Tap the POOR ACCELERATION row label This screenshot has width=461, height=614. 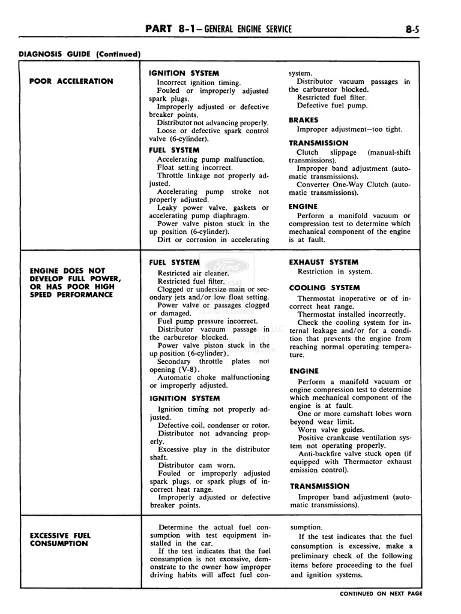[x=71, y=81]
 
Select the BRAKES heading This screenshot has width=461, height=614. [x=303, y=120]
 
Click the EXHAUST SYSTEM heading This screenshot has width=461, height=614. [x=324, y=262]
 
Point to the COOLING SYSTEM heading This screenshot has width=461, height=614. [x=325, y=288]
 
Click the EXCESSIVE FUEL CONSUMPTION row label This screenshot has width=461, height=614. [x=60, y=539]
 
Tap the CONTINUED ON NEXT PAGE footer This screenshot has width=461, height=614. [x=381, y=594]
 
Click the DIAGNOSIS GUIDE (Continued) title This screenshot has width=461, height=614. [x=79, y=54]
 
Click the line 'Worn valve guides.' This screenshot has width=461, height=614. [x=331, y=430]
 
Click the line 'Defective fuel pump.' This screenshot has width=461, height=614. [x=332, y=106]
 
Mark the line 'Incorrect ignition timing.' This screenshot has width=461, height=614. [x=199, y=83]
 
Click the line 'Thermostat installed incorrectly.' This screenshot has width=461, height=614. [x=351, y=314]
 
